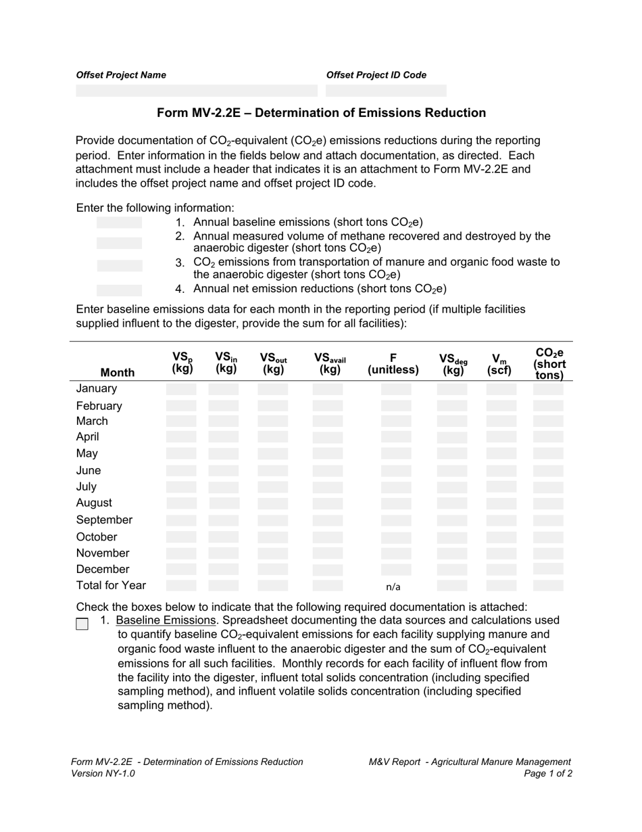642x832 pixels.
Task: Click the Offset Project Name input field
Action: [196, 91]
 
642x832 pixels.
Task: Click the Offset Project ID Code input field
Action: [386, 91]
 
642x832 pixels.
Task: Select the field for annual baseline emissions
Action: [120, 223]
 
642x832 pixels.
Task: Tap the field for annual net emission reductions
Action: [120, 290]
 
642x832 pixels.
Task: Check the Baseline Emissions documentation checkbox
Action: [82, 624]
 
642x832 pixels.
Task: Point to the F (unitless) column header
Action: [393, 363]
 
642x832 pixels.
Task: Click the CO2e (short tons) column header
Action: [549, 363]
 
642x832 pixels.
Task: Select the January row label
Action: [97, 389]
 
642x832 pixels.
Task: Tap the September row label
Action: [104, 520]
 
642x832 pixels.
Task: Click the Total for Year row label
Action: [111, 586]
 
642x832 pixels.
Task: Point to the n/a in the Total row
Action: [393, 587]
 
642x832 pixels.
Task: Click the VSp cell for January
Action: [181, 389]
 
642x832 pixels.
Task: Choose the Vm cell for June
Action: [501, 471]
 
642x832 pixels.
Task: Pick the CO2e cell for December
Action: [548, 570]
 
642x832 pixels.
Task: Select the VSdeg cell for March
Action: [451, 421]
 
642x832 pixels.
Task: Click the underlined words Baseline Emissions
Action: [166, 620]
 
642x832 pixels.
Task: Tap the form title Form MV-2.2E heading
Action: [321, 113]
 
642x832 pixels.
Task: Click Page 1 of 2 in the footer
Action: [548, 773]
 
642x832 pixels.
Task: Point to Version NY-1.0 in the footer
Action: [103, 773]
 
